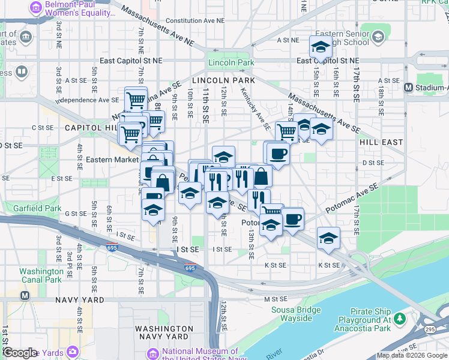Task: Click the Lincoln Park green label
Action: point(231,62)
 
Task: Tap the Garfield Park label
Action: point(56,209)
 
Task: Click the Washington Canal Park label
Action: point(40,275)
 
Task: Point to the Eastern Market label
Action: point(112,160)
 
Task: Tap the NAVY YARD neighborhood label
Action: point(80,299)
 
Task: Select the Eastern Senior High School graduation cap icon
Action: point(378,38)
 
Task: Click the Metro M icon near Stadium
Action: point(408,87)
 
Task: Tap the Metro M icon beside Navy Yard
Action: point(25,296)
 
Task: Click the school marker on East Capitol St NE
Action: point(321,46)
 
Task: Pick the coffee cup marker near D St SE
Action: point(279,153)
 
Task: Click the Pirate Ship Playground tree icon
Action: point(399,317)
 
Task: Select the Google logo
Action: point(20,353)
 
